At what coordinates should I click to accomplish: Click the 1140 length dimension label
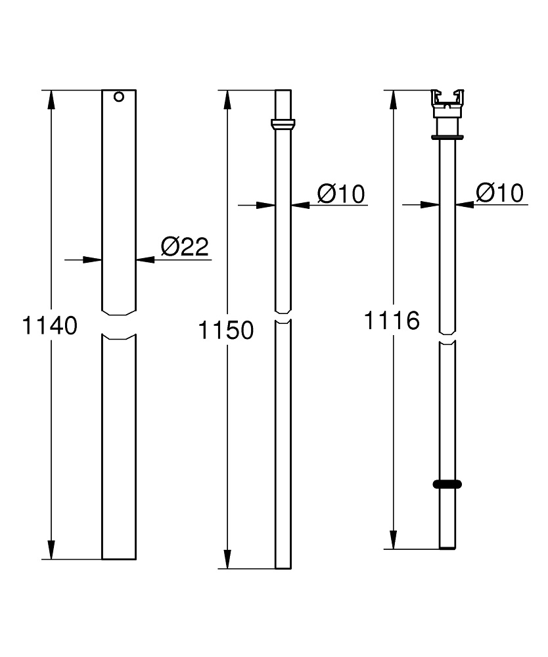pos(51,325)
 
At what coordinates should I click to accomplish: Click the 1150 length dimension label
pos(226,330)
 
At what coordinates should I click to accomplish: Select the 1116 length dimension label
pos(392,321)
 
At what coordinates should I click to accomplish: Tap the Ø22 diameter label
pos(184,246)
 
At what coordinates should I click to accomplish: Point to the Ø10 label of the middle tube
pos(340,193)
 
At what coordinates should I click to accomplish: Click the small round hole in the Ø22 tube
pos(118,97)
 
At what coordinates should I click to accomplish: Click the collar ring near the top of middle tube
pos(283,124)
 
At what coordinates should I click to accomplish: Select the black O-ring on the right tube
pos(447,484)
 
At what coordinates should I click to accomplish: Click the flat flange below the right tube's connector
pos(447,137)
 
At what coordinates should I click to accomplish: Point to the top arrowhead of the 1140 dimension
pos(51,99)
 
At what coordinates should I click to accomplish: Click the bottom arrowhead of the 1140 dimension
pos(51,550)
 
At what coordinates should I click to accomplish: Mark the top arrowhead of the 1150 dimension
pos(227,99)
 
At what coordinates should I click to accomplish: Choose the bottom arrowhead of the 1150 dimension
pos(227,560)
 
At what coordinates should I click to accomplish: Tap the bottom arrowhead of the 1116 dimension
pos(393,539)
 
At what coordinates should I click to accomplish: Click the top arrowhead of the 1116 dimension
pos(393,99)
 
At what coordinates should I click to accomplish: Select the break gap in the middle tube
pos(283,317)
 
